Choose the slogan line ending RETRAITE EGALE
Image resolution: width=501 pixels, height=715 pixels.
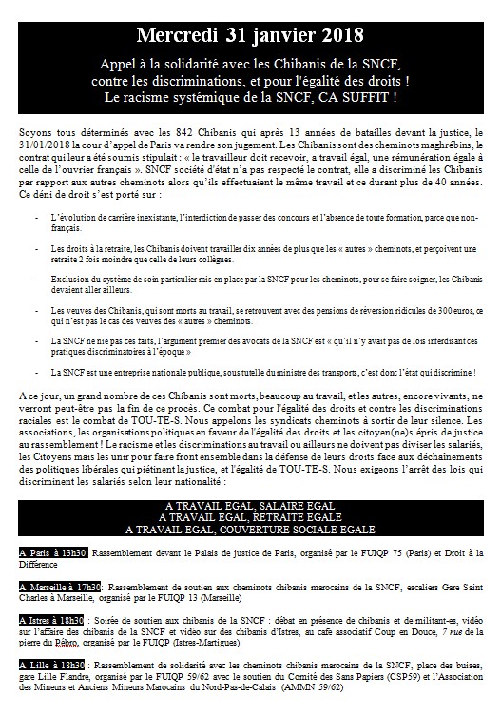pos(251,519)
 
